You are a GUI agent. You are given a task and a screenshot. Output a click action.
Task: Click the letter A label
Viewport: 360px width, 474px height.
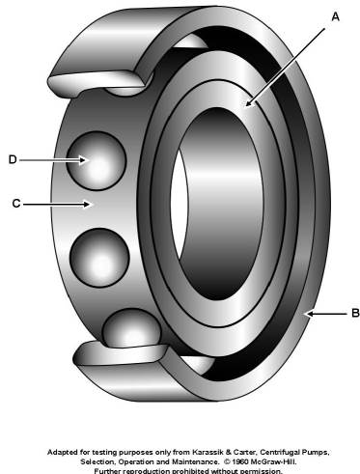tap(335, 16)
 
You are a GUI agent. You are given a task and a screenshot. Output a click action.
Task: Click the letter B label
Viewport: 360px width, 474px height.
tap(355, 313)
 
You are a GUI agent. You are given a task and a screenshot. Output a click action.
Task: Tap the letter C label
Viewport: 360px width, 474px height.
tap(16, 204)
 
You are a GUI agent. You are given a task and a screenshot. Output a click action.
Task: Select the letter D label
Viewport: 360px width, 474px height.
tap(13, 159)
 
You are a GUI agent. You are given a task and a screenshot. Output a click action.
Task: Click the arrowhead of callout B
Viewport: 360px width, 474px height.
tap(308, 313)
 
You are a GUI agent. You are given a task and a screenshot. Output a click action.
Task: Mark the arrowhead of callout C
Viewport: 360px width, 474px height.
tap(87, 204)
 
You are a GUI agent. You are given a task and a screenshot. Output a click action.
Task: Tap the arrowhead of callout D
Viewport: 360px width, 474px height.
tap(84, 160)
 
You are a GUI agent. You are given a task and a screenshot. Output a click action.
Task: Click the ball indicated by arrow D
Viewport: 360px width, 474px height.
tap(96, 160)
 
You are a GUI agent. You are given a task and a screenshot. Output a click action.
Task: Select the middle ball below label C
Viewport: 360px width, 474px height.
tap(100, 258)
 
